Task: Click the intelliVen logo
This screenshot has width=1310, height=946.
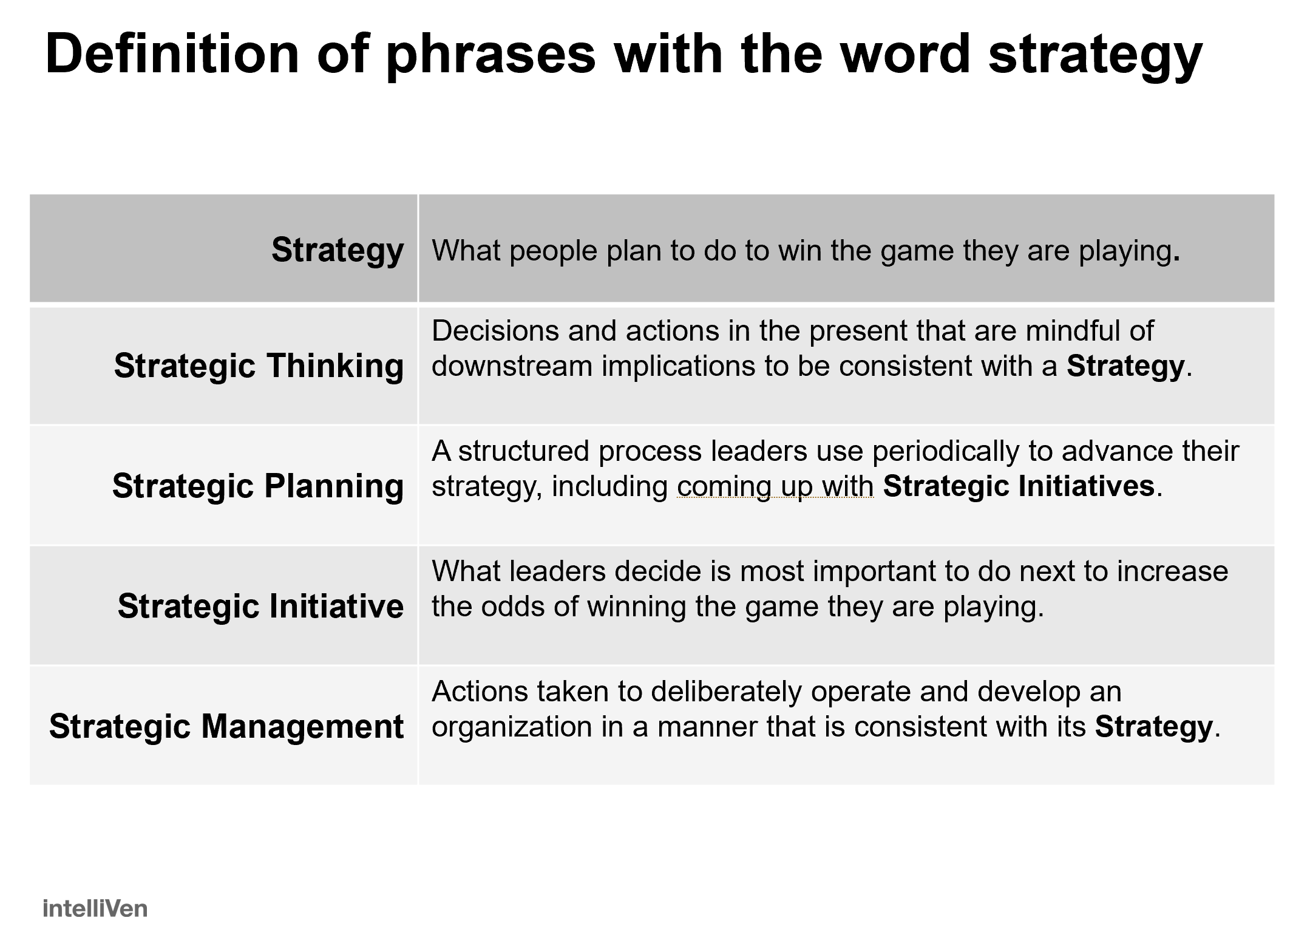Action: (95, 908)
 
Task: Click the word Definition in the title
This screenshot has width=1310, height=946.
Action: (172, 55)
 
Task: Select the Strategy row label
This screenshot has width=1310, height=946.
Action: (338, 250)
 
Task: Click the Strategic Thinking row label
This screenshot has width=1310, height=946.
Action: (259, 366)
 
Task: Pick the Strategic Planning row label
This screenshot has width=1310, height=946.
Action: (258, 486)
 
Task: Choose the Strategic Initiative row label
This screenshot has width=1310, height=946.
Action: (260, 606)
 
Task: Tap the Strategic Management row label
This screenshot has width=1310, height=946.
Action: (226, 726)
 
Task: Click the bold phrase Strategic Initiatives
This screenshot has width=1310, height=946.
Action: (1018, 486)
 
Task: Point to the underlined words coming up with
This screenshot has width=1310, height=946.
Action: (775, 486)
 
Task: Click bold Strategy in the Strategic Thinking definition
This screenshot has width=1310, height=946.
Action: (1125, 366)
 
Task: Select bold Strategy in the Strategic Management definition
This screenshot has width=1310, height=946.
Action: (1153, 726)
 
